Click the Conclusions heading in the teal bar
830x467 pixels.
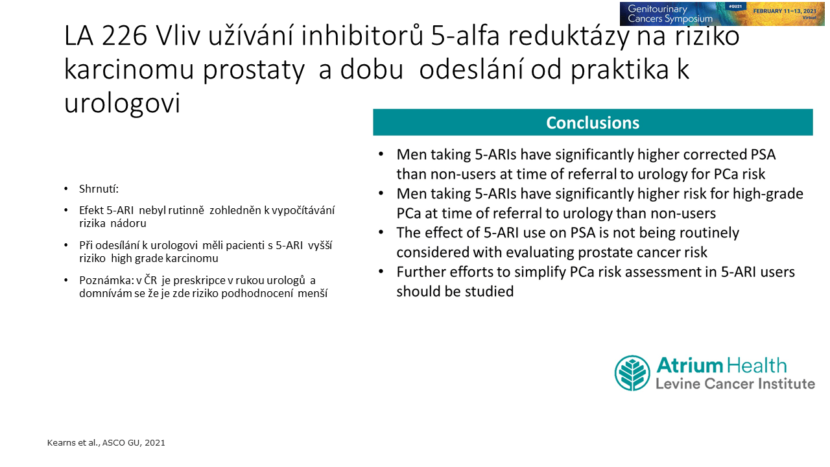tap(593, 123)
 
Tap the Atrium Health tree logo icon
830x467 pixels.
tap(632, 373)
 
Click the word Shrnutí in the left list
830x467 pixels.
tap(99, 189)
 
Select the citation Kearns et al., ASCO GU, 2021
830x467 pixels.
tap(106, 442)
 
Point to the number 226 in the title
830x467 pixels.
tap(124, 36)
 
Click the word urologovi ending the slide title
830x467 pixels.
tap(122, 103)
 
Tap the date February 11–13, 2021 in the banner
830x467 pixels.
tap(785, 11)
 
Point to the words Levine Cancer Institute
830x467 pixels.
tap(735, 383)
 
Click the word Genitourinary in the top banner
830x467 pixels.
tap(658, 9)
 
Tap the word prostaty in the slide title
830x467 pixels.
tap(254, 69)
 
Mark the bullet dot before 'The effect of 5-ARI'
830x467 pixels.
tap(381, 232)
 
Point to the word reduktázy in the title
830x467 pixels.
tap(569, 36)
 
